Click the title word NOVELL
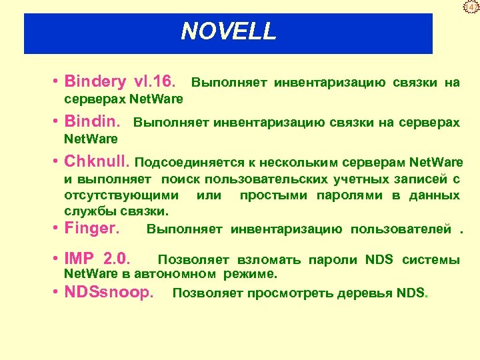pyautogui.click(x=228, y=31)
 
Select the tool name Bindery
pyautogui.click(x=95, y=82)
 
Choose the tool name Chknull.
pyautogui.click(x=97, y=163)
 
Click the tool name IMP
pyautogui.click(x=79, y=259)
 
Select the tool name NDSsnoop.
pyautogui.click(x=109, y=292)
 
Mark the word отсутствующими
pyautogui.click(x=121, y=195)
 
